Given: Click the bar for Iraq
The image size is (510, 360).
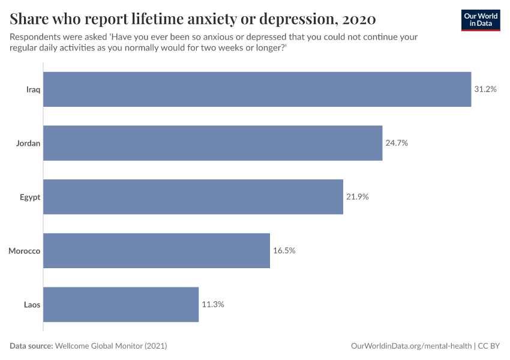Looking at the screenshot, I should tap(257, 89).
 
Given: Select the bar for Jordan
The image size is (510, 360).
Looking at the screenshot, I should tap(212, 143).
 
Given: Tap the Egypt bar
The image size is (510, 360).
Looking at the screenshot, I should tap(193, 197).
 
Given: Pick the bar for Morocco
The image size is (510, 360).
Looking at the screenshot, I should tap(157, 251).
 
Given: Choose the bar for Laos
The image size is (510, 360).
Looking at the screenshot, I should tap(121, 304).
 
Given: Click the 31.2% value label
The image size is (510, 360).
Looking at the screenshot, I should tap(485, 89).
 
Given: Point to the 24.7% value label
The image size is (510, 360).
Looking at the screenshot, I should tap(397, 143).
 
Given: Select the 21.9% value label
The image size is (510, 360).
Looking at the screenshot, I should tap(358, 197).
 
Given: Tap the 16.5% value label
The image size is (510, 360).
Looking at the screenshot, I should tap(284, 251).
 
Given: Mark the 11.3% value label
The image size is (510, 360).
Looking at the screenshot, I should tap(213, 304).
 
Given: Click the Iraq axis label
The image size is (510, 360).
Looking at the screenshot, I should tap(33, 89).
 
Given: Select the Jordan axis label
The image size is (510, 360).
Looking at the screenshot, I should tap(29, 143).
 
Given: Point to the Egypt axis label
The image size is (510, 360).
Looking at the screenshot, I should tap(30, 197).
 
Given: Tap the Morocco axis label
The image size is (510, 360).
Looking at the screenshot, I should tap(25, 251).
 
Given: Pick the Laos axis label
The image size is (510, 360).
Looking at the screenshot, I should tap(32, 304).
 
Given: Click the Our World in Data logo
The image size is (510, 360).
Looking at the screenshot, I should tap(480, 20).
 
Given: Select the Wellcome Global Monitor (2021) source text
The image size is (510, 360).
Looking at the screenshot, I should tap(111, 346).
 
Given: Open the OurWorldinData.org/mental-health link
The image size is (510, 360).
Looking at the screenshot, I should tap(411, 346).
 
